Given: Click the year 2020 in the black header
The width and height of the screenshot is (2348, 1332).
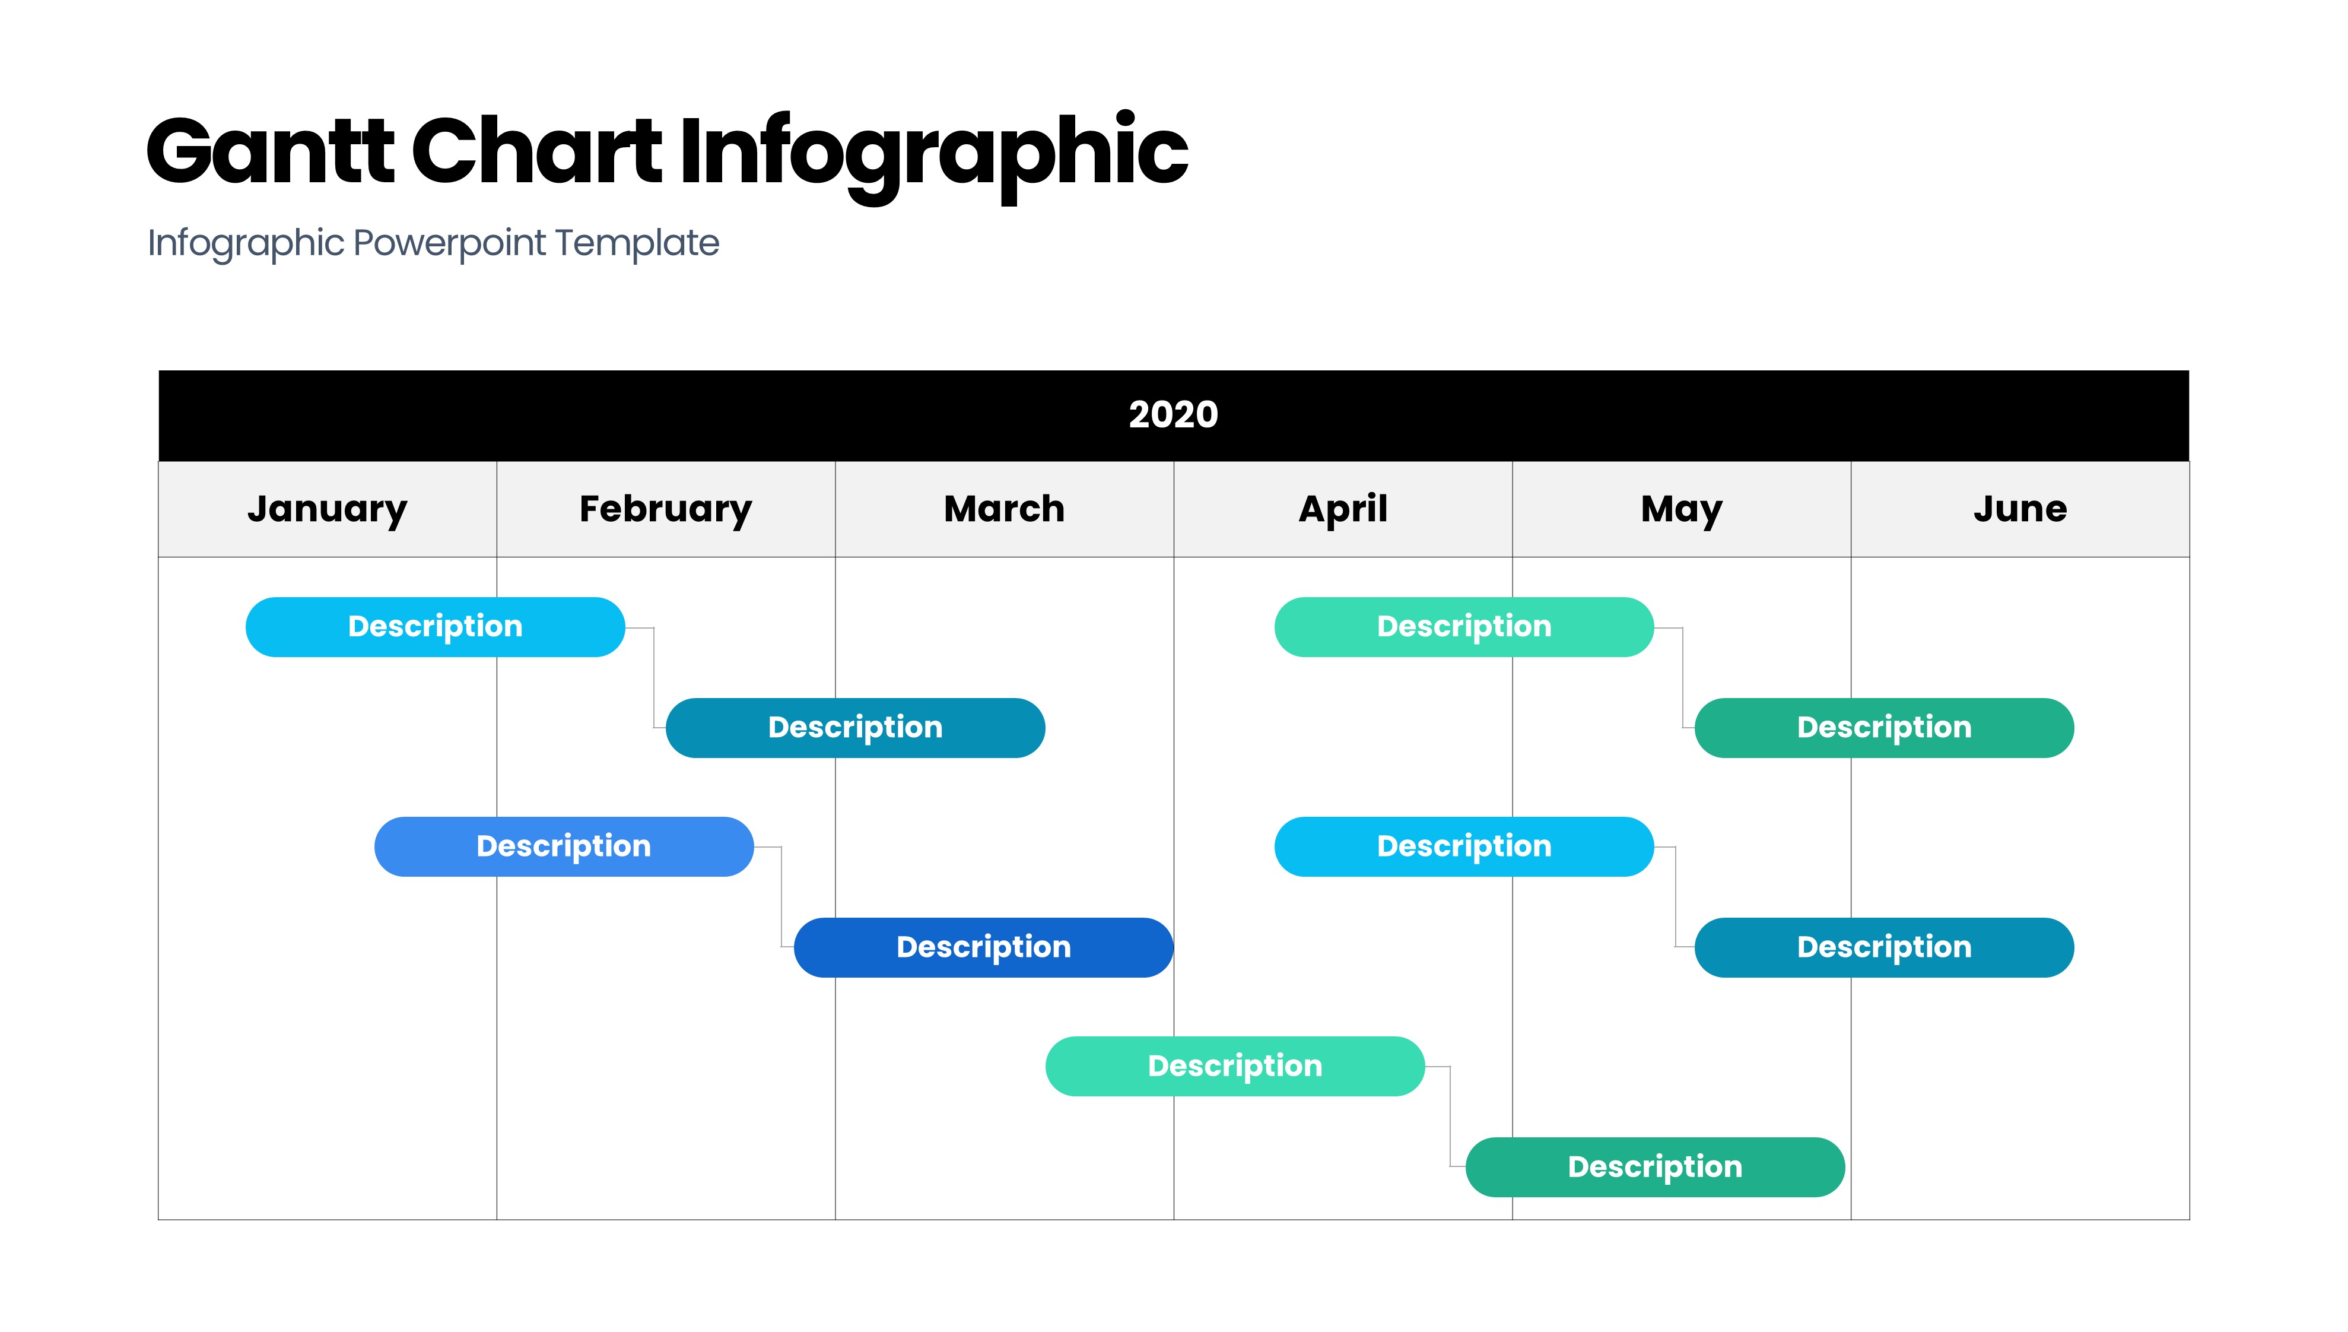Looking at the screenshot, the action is [1173, 414].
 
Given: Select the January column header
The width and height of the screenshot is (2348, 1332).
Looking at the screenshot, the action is [328, 509].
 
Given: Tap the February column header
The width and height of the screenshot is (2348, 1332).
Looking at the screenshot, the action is [666, 509].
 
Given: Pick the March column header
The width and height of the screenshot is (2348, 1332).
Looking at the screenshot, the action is [1004, 509].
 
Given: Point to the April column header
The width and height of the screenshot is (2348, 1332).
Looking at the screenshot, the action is [1343, 509].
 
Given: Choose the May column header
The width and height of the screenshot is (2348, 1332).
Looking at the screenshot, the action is [1682, 509].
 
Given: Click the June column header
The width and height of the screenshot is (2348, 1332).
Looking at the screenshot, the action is [2020, 509].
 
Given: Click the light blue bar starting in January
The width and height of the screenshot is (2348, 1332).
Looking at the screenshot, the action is [435, 627].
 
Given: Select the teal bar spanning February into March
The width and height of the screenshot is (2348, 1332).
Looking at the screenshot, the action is [855, 727].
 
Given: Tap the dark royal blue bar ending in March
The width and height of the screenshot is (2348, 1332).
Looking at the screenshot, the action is [983, 947].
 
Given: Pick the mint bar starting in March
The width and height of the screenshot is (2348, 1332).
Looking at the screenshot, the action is [1234, 1066].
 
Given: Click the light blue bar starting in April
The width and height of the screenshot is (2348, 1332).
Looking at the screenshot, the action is [1464, 846].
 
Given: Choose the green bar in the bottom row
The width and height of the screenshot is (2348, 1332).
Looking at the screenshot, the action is [1655, 1166].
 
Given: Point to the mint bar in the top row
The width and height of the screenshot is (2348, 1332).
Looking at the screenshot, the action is [1464, 627].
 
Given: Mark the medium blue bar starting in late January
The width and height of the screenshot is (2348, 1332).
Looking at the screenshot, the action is [564, 846].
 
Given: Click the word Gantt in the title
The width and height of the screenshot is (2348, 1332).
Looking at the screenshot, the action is [271, 151].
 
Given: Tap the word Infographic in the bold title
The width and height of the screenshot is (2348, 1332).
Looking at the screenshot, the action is [933, 156].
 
